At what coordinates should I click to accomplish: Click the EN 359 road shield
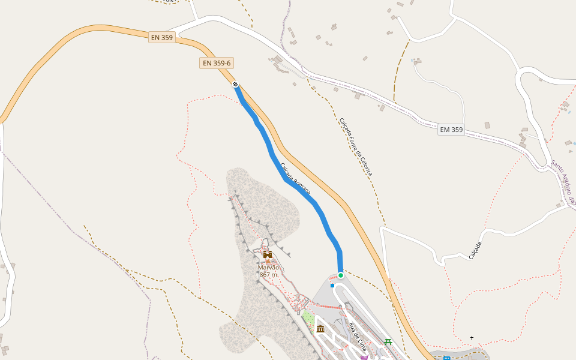click(162, 37)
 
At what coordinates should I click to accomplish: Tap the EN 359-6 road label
click(217, 63)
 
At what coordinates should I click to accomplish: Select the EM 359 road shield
click(451, 130)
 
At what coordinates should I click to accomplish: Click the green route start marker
click(341, 275)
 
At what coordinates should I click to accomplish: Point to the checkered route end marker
click(236, 84)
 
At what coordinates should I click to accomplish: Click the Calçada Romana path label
click(295, 178)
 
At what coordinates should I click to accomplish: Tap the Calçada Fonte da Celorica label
click(356, 146)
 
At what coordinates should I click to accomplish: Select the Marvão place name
click(269, 268)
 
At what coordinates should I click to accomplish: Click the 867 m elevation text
click(269, 275)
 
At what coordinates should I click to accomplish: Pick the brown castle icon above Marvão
click(268, 255)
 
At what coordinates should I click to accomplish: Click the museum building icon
click(320, 329)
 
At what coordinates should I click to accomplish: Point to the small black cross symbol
click(472, 338)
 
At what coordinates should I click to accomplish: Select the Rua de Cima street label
click(358, 337)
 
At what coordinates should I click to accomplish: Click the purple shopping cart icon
click(364, 358)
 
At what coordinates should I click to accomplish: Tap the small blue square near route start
click(332, 286)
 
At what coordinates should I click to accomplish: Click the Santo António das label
click(563, 182)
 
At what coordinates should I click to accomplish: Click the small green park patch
click(308, 317)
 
